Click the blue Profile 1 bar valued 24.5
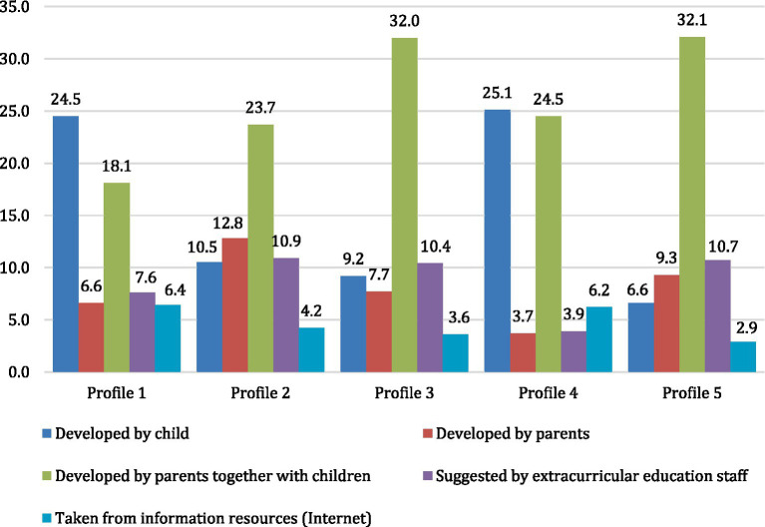(66, 245)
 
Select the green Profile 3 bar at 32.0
(405, 206)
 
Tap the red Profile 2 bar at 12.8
(235, 305)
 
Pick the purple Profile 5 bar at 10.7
(718, 316)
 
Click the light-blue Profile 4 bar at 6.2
(599, 339)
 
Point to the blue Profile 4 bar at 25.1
(498, 242)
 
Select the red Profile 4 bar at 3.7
(523, 352)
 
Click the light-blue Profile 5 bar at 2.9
(743, 357)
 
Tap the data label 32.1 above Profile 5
(692, 20)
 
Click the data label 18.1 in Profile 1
(116, 166)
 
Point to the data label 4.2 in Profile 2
(312, 310)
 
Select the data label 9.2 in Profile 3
(353, 259)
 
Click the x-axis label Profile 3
(404, 392)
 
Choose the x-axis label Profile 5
(692, 392)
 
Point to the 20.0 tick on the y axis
(15, 163)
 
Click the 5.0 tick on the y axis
(19, 320)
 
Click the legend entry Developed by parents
(507, 434)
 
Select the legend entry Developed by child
(116, 434)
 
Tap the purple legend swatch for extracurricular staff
(428, 476)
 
